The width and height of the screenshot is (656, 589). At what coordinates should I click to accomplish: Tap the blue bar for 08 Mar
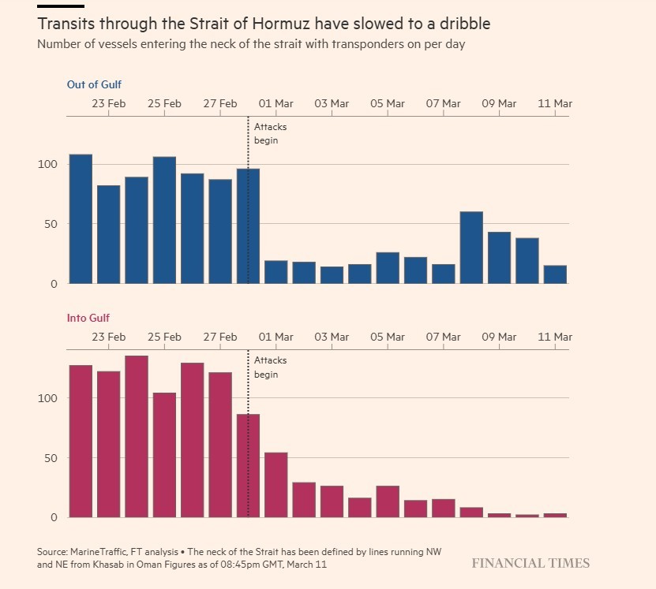pos(471,248)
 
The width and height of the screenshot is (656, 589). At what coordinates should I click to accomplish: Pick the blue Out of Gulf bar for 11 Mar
pos(555,274)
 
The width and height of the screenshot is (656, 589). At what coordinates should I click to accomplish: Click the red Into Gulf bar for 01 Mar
pos(276,485)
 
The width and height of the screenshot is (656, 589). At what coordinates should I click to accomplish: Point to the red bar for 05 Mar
pos(388,501)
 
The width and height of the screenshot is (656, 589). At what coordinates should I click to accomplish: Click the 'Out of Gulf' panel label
pos(94,84)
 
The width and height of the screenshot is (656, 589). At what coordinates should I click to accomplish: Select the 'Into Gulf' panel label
pos(88,318)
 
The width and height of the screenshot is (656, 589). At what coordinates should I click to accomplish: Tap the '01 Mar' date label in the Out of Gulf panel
pos(276,103)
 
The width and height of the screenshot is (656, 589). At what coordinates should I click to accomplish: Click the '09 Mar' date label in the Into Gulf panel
pos(499,337)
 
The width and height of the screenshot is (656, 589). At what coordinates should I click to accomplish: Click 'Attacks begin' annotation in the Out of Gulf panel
pos(270,133)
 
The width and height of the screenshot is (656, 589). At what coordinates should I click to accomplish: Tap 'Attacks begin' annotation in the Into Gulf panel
pos(270,367)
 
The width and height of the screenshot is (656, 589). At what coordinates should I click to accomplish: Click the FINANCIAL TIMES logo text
pos(530,563)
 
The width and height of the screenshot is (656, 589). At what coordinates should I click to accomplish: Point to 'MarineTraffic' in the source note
pos(102,550)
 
